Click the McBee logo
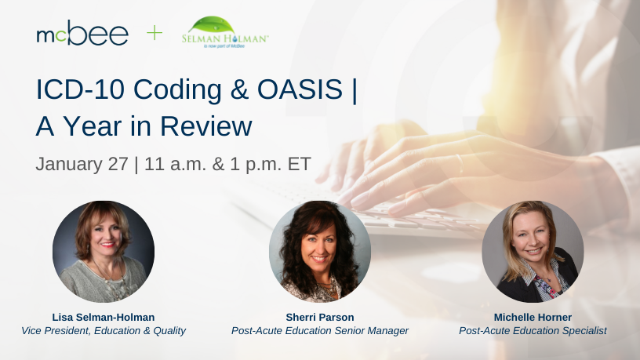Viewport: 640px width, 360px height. pos(82,33)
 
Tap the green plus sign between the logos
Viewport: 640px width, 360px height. pos(155,33)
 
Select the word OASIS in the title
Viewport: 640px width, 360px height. pos(300,89)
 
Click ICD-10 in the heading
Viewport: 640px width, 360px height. pos(80,89)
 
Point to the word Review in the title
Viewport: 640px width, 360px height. pos(206,125)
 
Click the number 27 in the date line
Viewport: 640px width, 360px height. pos(118,164)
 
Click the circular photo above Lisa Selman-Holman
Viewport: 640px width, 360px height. pos(104,252)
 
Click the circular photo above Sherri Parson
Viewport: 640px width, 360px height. pos(319,252)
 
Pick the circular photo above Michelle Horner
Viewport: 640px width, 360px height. pos(533,252)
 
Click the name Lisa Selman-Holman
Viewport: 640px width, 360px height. pos(104,317)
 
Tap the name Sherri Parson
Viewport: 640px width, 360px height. pos(320,317)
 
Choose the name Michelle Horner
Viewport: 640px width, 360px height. pos(533,317)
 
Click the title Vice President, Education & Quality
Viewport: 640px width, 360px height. pos(104,331)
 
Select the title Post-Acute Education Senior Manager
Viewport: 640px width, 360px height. pos(320,331)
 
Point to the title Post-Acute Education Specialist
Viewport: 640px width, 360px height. pos(533,331)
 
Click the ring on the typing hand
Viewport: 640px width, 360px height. pos(460,164)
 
